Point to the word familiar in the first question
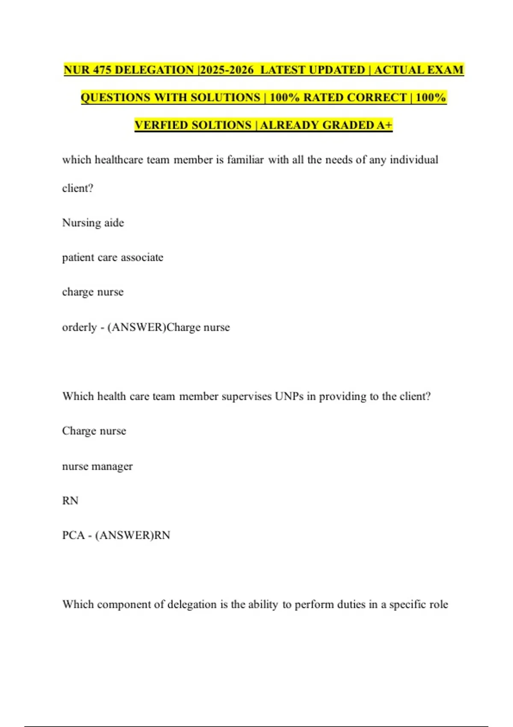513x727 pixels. (x=245, y=160)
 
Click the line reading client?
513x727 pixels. (x=77, y=188)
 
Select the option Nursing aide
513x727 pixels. (x=93, y=223)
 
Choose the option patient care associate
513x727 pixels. (x=112, y=257)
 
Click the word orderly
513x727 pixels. (x=80, y=327)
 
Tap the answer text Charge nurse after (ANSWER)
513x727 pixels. (x=198, y=327)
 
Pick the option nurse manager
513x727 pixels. (x=97, y=466)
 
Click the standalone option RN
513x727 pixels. (x=70, y=501)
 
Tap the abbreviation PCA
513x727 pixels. (x=73, y=535)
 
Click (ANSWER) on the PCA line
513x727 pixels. (x=124, y=535)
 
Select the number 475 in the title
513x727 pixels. (x=102, y=70)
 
